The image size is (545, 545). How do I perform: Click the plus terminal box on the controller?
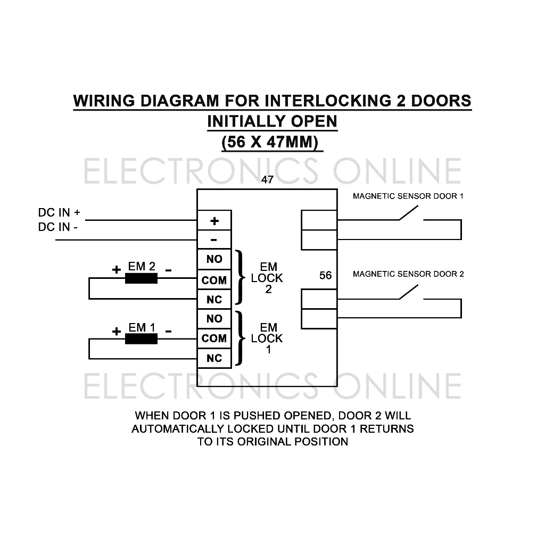214,220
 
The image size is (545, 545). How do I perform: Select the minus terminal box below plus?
214,240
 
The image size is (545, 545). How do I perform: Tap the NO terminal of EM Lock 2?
214,259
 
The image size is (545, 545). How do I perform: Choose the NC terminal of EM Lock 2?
214,299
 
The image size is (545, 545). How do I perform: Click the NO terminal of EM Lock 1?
214,319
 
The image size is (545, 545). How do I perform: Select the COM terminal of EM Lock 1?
214,338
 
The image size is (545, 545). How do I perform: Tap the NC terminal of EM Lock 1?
214,358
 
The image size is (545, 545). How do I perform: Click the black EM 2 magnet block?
141,278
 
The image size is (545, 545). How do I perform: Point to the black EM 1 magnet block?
141,339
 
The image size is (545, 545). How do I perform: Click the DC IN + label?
59,212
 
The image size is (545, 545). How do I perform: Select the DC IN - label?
57,227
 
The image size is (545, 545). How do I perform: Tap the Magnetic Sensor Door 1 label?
408,196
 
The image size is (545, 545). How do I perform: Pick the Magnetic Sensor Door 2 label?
408,274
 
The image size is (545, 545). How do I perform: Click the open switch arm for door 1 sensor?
408,213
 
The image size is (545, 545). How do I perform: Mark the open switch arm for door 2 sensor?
408,292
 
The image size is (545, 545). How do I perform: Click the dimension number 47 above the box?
267,180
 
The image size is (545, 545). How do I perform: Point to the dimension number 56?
326,276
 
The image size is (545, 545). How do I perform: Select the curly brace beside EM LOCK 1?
239,338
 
